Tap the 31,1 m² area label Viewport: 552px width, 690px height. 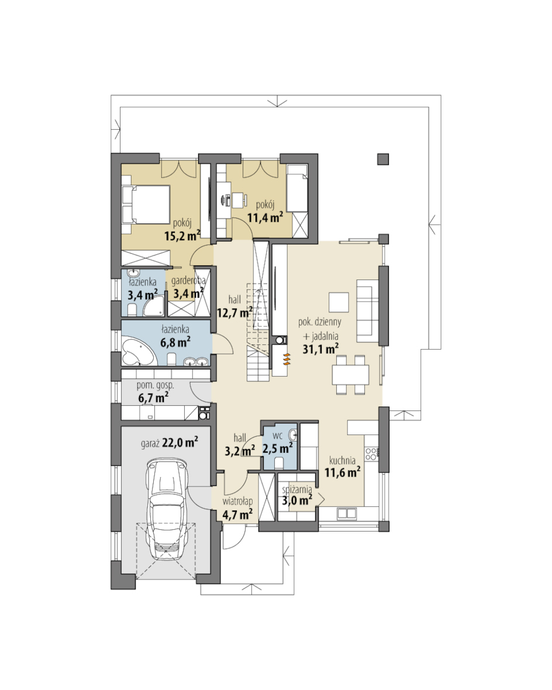pyautogui.click(x=320, y=349)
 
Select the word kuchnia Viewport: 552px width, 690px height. pyautogui.click(x=343, y=461)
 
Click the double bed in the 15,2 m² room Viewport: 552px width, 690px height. pyautogui.click(x=146, y=204)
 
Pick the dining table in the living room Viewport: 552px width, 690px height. pyautogui.click(x=350, y=374)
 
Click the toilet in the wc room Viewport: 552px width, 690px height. pyautogui.click(x=278, y=463)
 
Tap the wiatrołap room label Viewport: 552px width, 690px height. pyautogui.click(x=238, y=501)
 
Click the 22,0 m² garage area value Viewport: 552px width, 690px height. pyautogui.click(x=180, y=442)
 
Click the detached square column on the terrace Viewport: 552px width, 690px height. pyautogui.click(x=383, y=159)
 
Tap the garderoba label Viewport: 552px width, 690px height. pyautogui.click(x=188, y=281)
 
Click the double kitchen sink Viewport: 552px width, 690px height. pyautogui.click(x=346, y=513)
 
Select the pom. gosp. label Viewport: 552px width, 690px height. pyautogui.click(x=155, y=385)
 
